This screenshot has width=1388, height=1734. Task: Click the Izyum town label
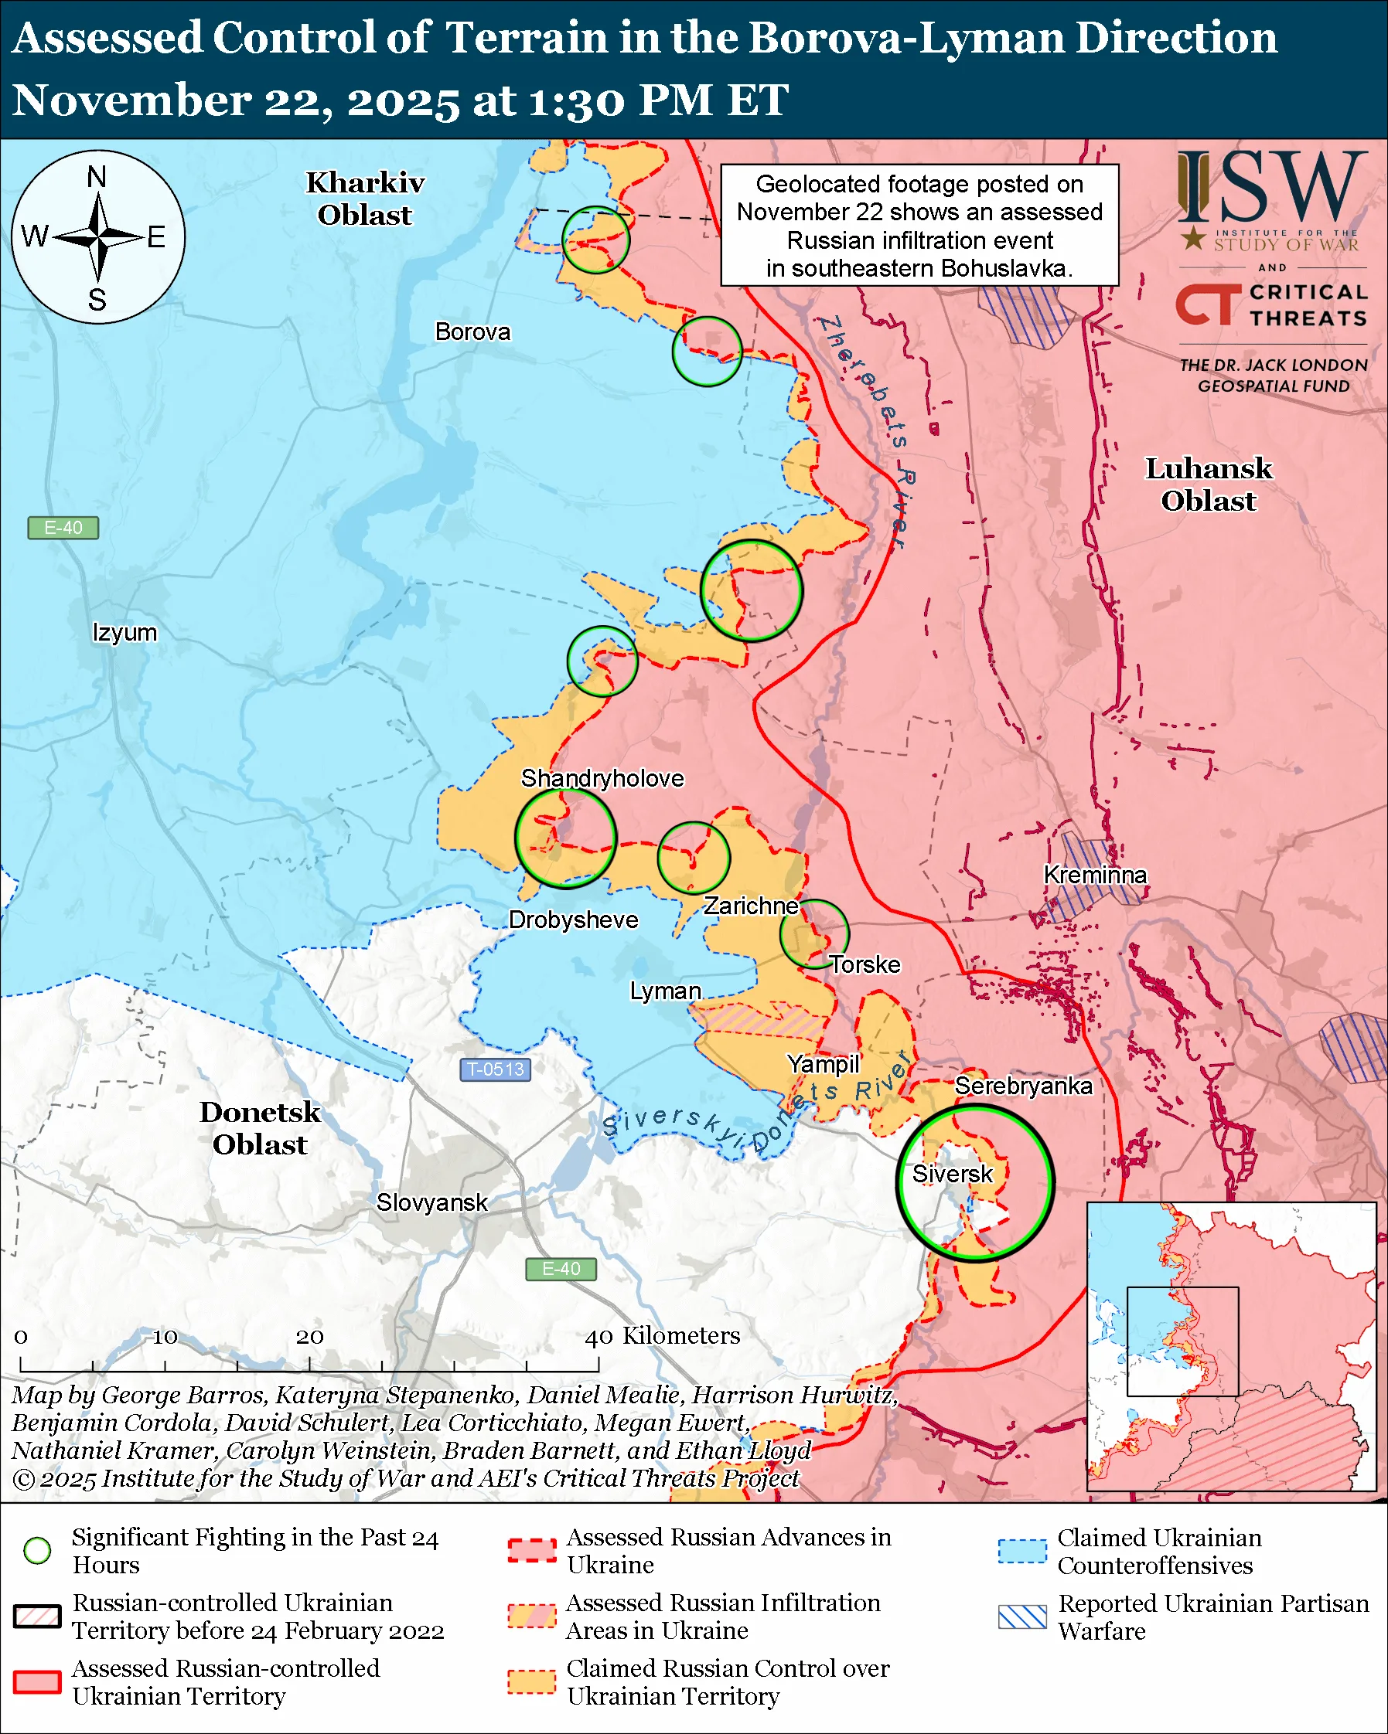(x=124, y=632)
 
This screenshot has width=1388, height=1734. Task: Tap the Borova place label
(x=472, y=331)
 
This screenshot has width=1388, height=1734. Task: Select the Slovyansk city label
(x=432, y=1202)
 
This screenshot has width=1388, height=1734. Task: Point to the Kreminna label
(x=1094, y=874)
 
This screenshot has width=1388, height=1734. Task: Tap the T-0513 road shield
(x=495, y=1069)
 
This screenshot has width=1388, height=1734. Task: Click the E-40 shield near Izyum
(x=63, y=528)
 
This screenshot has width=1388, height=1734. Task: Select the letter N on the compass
(x=97, y=176)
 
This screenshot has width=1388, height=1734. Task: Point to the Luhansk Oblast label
(x=1208, y=484)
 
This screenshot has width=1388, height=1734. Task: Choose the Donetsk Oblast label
(x=260, y=1127)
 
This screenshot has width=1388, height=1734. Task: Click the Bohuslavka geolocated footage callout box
(x=919, y=225)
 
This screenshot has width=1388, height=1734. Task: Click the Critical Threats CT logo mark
(x=1207, y=304)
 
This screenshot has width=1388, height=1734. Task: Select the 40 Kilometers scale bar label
(x=661, y=1336)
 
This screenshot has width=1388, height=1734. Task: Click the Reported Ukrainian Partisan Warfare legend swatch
(x=1022, y=1617)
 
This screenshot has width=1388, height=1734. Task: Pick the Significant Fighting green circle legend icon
(x=37, y=1551)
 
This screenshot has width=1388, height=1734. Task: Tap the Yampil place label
(x=824, y=1064)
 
